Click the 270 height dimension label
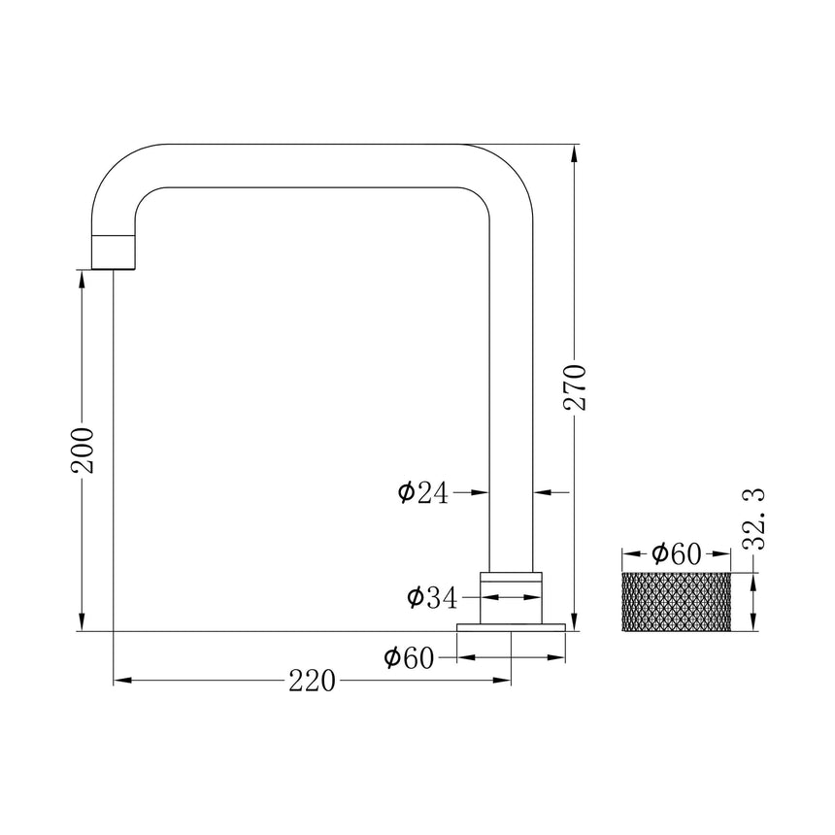575,387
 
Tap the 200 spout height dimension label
83,450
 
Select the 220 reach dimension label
312,681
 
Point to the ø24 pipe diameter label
423,492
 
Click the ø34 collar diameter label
432,598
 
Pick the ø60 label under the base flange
409,658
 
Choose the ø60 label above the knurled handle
677,554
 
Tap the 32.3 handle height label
753,518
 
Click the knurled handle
677,602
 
